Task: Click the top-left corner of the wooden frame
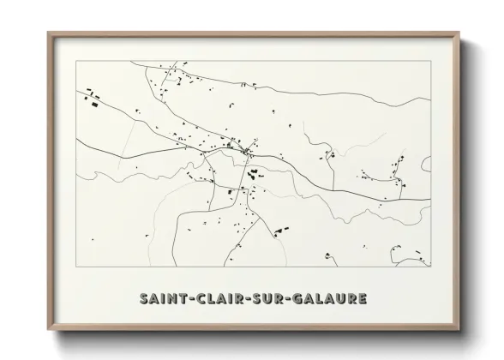click(47, 33)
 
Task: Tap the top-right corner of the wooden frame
click(459, 33)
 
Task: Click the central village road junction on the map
click(247, 153)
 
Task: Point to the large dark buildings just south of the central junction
click(254, 176)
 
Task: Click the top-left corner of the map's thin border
click(75, 62)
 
